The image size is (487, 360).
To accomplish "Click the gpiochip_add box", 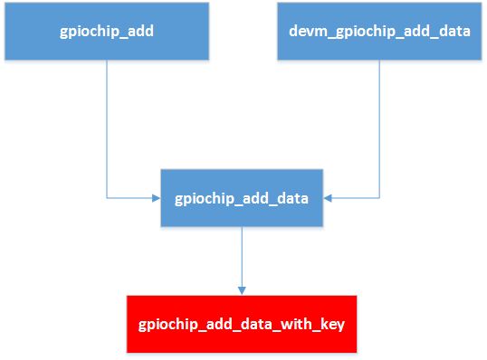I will (106, 31).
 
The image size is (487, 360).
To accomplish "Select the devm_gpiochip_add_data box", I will (378, 31).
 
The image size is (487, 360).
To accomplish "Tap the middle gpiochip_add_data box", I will (242, 197).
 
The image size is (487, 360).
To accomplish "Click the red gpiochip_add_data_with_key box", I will (242, 323).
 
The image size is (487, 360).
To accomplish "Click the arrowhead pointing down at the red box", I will (242, 289).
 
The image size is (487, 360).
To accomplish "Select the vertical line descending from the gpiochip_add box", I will (107, 127).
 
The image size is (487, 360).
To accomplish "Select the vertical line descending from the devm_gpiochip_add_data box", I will (379, 127).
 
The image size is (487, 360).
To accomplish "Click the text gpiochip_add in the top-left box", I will (106, 32).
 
